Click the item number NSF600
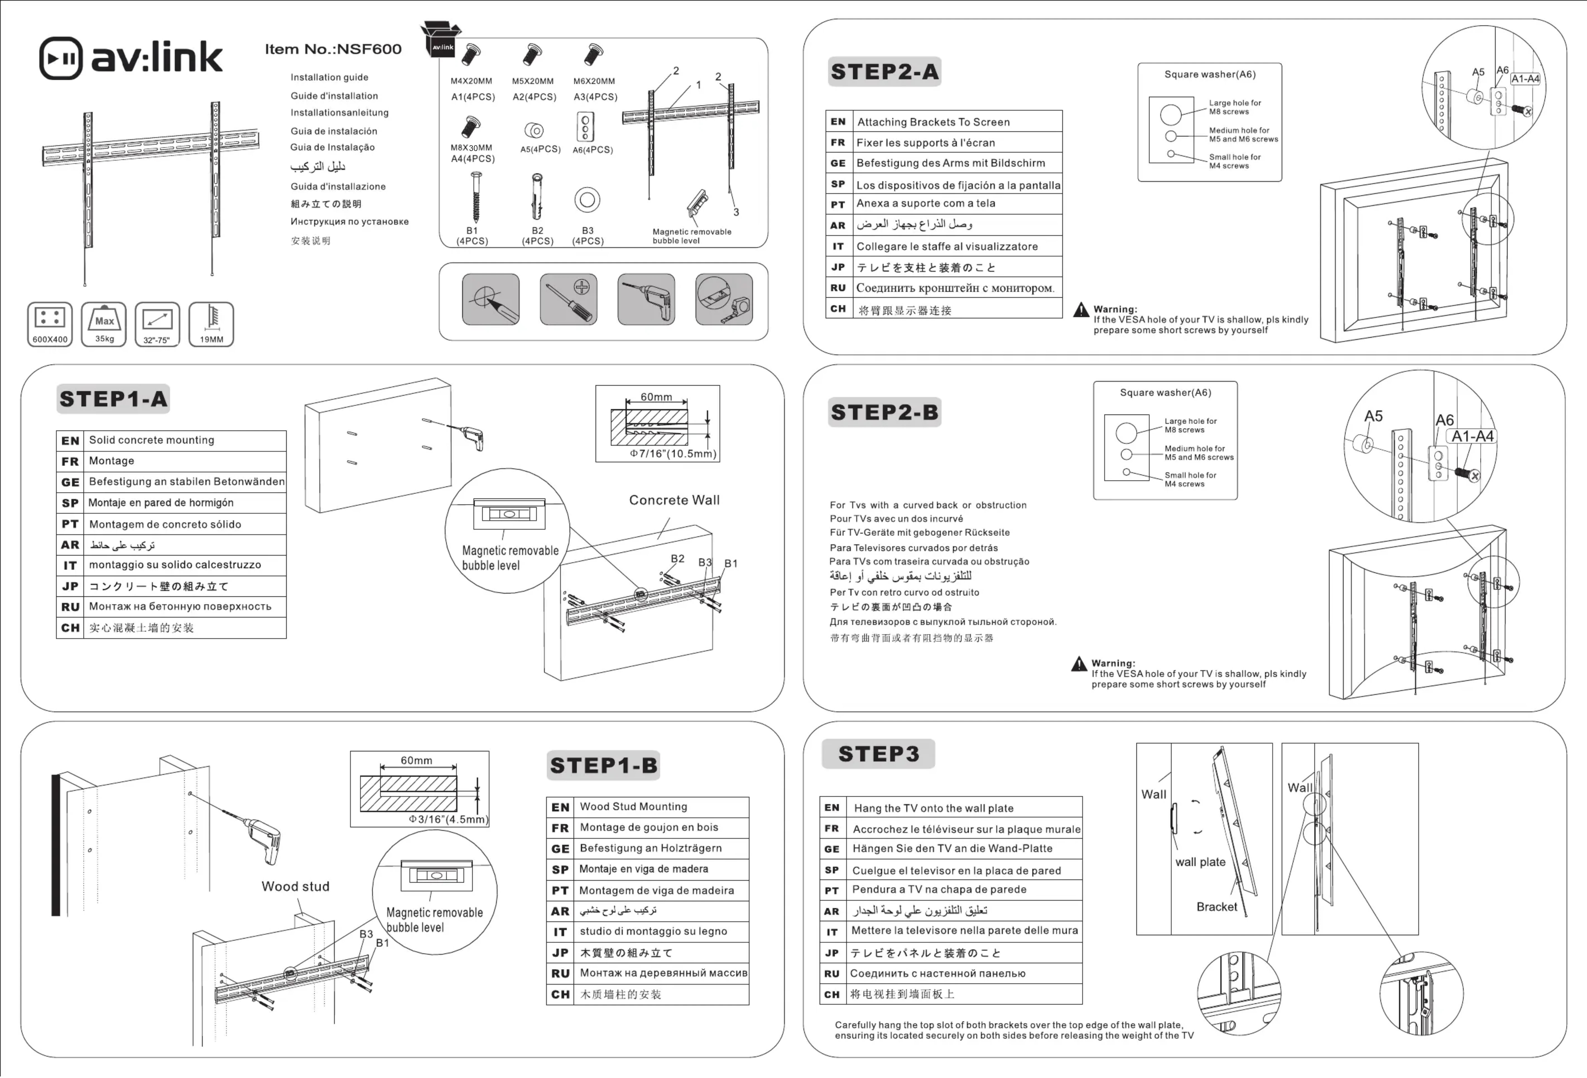333,49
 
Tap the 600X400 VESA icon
50,324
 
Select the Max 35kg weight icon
104,324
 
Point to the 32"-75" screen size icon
157,324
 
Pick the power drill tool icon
646,299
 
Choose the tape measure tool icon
724,299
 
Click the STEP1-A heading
113,399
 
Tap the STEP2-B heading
884,412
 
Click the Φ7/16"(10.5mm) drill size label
673,453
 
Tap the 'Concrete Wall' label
674,500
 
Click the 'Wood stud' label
295,886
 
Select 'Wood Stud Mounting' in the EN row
633,806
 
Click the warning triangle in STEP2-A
1081,311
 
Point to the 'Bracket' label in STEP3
1216,907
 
